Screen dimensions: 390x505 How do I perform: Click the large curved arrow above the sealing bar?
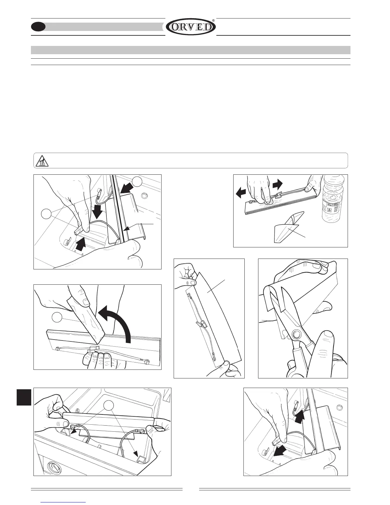pyautogui.click(x=116, y=322)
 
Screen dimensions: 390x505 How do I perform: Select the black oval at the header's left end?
pyautogui.click(x=38, y=27)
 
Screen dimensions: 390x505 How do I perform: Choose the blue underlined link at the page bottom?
pyautogui.click(x=63, y=502)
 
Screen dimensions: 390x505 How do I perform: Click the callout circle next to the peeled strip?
pyautogui.click(x=57, y=318)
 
